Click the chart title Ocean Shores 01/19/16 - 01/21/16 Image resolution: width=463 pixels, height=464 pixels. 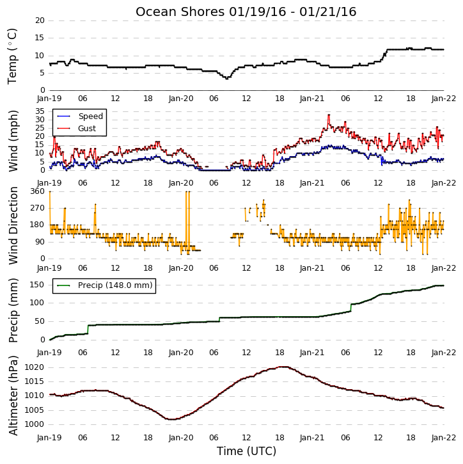coord(246,12)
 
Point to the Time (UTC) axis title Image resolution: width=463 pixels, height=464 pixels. coord(246,451)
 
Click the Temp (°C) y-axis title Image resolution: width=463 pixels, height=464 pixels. coord(12,56)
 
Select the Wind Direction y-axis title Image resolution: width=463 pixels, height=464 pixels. coord(13,225)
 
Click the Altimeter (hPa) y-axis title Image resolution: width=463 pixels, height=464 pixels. coord(13,396)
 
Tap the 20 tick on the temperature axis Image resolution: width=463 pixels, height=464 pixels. coord(40,20)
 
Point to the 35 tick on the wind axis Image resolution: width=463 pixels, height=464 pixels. coord(40,111)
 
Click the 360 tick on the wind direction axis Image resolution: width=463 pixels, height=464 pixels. coord(37,191)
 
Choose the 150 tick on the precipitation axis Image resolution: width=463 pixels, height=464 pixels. coord(37,285)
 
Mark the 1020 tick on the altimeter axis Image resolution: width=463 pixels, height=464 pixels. coord(34,367)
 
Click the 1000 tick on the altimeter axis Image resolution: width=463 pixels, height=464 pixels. coord(34,424)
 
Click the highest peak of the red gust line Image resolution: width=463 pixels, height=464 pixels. coord(329,115)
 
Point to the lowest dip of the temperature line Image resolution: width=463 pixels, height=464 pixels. coord(227,79)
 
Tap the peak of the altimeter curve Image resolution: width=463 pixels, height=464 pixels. coord(283,367)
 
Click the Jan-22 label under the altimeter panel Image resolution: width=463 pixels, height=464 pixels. coord(443,438)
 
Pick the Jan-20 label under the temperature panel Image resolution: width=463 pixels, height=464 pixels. coord(181,99)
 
